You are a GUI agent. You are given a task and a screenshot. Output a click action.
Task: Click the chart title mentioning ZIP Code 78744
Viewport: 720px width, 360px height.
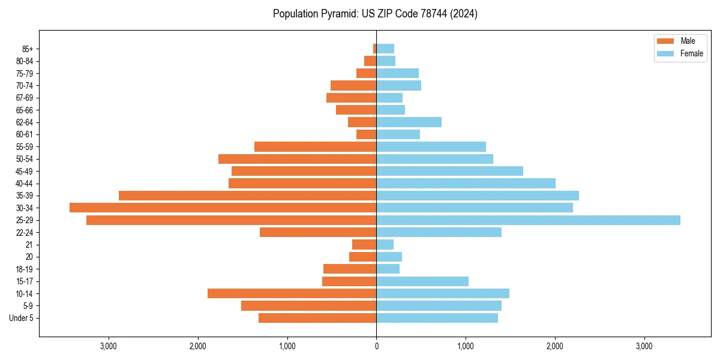375,14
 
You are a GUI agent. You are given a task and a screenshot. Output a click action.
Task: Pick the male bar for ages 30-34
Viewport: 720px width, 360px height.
223,208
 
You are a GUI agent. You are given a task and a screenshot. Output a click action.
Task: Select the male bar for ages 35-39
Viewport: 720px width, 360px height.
247,196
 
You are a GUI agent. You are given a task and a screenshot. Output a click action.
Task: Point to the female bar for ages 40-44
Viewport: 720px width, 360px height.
466,183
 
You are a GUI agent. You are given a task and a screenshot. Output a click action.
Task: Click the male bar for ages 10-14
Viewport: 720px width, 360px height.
292,293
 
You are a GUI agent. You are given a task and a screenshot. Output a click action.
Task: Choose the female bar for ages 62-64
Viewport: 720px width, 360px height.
409,122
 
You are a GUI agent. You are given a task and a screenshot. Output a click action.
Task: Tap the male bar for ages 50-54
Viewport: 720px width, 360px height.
297,159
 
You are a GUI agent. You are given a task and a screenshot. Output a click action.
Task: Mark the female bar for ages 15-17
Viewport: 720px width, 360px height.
422,281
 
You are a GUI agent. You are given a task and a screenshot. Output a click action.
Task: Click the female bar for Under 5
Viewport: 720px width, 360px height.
437,318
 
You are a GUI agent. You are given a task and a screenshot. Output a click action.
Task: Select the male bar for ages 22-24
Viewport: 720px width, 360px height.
318,232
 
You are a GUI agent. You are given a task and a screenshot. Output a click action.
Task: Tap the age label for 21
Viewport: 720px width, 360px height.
29,245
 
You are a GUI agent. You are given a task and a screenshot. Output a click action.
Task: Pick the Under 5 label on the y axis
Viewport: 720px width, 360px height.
21,318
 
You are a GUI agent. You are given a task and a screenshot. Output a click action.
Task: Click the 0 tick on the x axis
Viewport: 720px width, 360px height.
376,346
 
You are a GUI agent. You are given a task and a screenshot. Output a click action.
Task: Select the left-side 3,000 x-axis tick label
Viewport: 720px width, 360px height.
109,346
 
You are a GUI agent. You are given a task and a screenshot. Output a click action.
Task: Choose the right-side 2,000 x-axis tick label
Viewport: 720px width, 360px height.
554,346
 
